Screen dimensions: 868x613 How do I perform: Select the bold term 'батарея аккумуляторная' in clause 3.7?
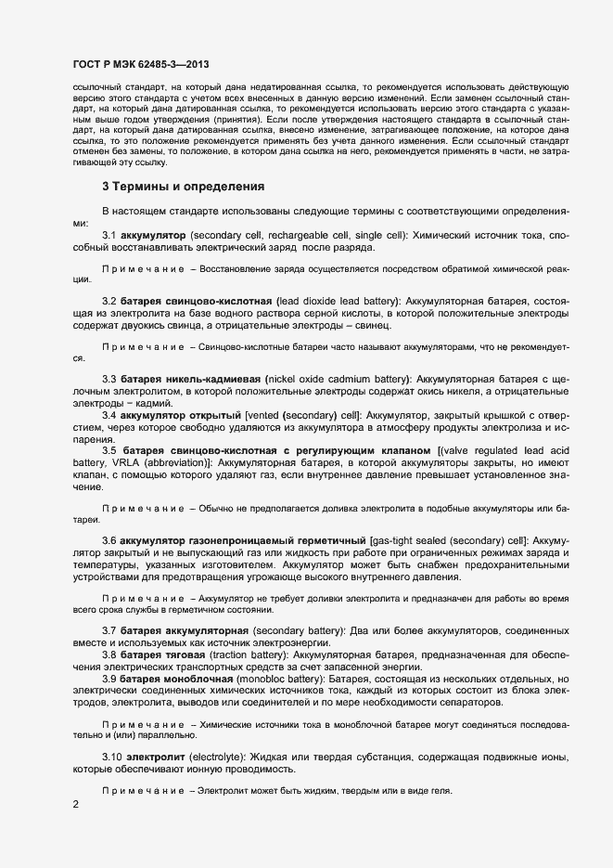[x=184, y=632]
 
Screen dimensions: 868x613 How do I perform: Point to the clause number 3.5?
[x=109, y=450]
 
